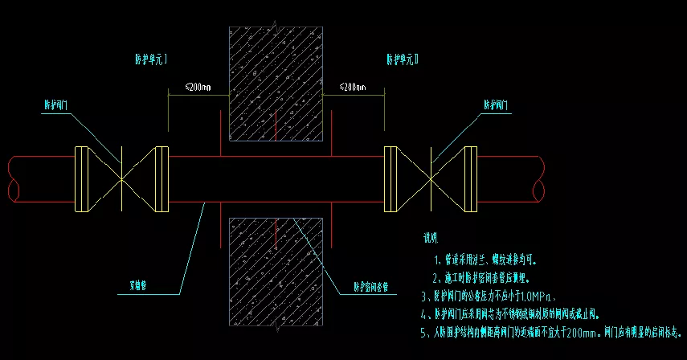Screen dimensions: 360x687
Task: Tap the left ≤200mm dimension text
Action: [198, 86]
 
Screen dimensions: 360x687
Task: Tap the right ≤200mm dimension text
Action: [353, 86]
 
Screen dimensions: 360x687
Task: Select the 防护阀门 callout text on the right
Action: [498, 105]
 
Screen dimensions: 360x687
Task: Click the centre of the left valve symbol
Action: [121, 179]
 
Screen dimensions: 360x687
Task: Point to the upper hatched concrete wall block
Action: [276, 80]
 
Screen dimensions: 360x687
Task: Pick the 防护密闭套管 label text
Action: [374, 285]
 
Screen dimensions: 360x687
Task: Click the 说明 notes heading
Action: [431, 238]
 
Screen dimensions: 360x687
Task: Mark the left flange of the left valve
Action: [81, 179]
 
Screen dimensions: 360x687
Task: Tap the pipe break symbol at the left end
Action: [11, 179]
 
